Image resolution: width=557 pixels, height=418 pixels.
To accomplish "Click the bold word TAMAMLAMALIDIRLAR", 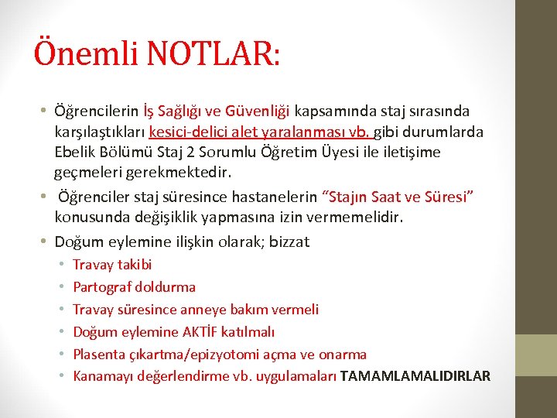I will (415, 376).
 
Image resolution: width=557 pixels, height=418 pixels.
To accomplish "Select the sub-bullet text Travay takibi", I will (112, 265).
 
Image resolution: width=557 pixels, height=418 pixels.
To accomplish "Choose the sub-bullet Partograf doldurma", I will (134, 287).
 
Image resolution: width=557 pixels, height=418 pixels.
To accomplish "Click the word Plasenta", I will (97, 355).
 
